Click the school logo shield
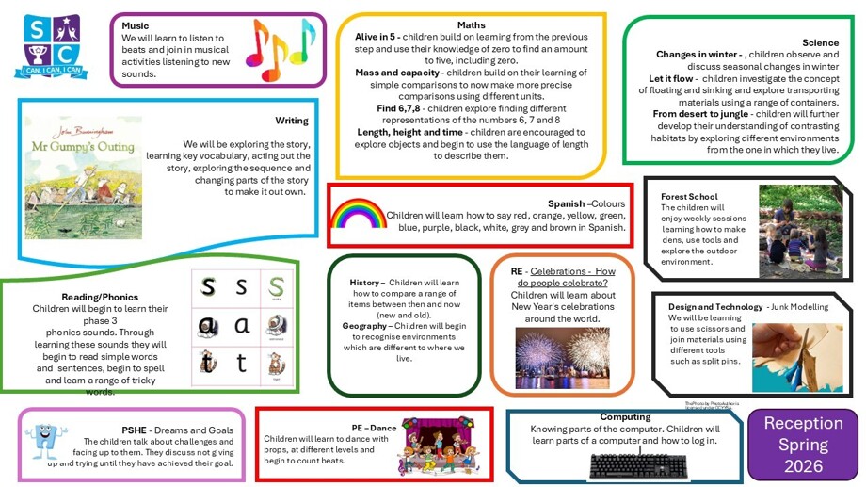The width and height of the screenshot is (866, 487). [x=53, y=43]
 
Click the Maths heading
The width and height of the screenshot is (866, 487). [x=472, y=24]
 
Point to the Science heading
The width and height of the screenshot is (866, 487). [x=820, y=42]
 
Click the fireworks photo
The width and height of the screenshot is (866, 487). [x=562, y=357]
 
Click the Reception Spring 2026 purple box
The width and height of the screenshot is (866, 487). [x=803, y=445]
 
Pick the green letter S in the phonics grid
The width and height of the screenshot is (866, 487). [x=276, y=285]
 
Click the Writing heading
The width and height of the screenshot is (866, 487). [x=292, y=121]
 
